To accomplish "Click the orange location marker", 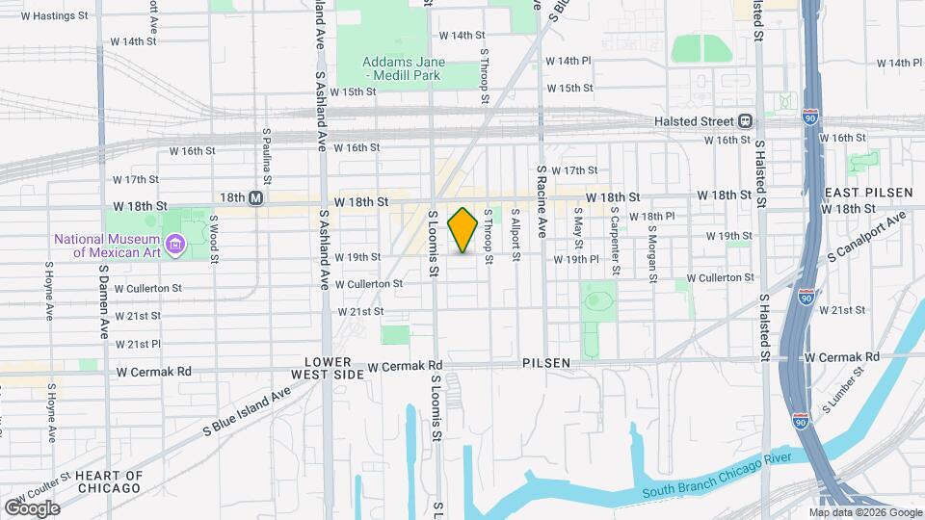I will (x=462, y=230).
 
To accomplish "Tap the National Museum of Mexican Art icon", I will (x=174, y=246).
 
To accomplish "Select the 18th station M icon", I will (x=255, y=197).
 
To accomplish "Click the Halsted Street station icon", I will (x=745, y=121).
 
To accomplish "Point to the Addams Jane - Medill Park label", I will (x=402, y=67).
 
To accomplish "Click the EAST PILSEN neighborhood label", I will (x=867, y=193).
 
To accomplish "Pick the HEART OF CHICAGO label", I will (x=109, y=481).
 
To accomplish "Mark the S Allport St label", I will (x=515, y=236).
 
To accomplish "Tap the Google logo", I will (x=32, y=508).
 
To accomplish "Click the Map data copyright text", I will (x=873, y=512).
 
